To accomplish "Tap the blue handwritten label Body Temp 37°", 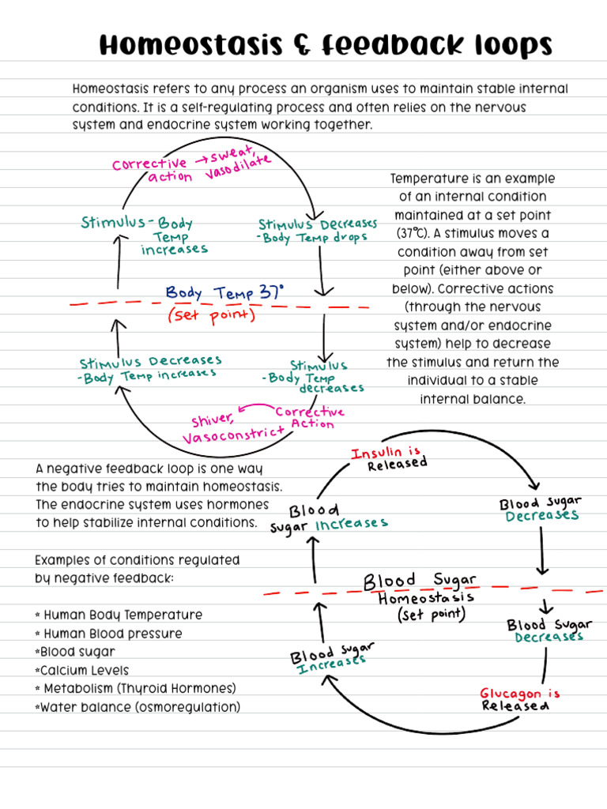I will tap(224, 292).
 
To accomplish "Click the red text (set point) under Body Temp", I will tap(211, 315).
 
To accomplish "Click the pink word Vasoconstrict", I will tap(233, 435).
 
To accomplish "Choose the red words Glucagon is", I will tap(519, 694).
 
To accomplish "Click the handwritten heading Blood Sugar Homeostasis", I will tap(420, 589).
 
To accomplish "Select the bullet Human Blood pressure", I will tap(112, 634).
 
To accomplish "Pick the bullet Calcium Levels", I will tap(86, 670).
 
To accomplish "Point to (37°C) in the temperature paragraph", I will tap(417, 233).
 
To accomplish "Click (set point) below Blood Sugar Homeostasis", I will tap(432, 614).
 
